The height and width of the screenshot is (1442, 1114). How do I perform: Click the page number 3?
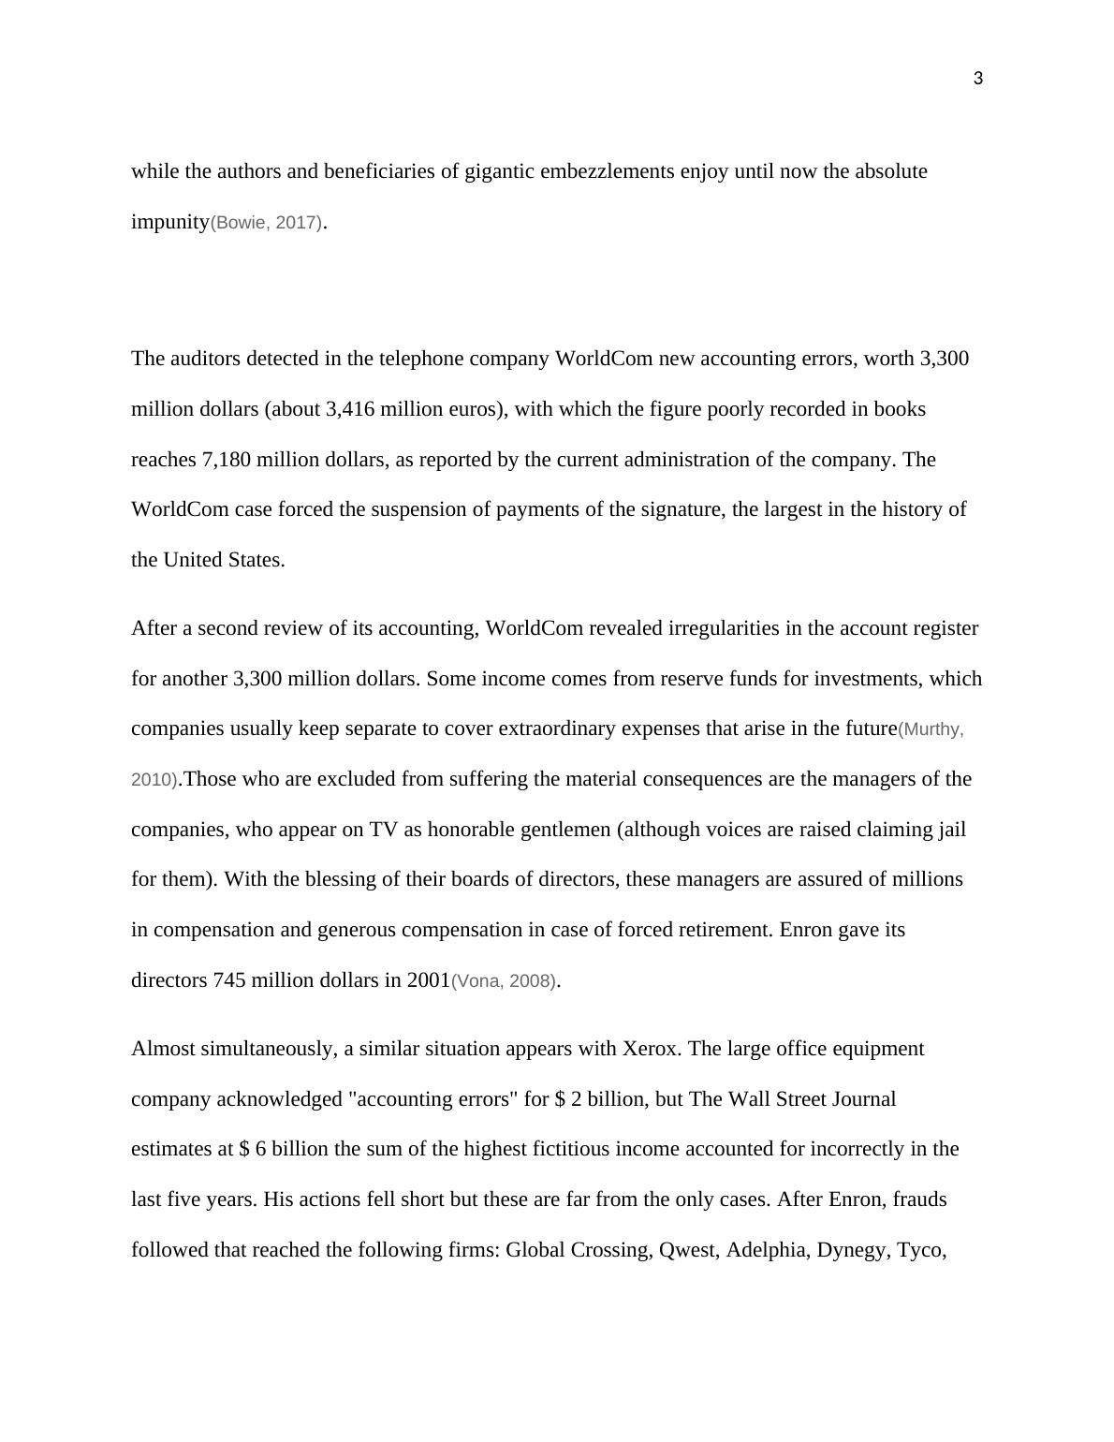pyautogui.click(x=978, y=79)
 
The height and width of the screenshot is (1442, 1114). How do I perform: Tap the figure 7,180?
pyautogui.click(x=226, y=460)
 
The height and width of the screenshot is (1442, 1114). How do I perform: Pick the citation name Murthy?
pyautogui.click(x=931, y=729)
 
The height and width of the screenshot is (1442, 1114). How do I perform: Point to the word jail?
pyautogui.click(x=949, y=830)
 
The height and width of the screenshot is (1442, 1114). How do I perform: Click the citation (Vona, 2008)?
pyautogui.click(x=504, y=981)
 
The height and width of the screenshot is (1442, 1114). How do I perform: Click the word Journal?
pyautogui.click(x=863, y=1099)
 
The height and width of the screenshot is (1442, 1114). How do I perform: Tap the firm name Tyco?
pyautogui.click(x=920, y=1250)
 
